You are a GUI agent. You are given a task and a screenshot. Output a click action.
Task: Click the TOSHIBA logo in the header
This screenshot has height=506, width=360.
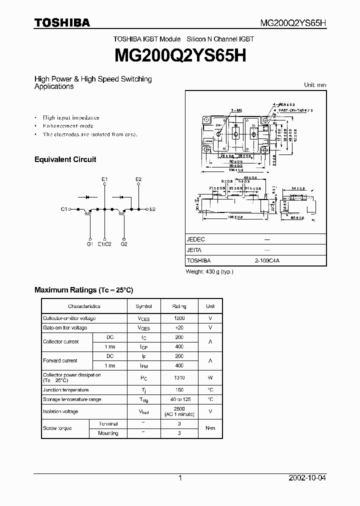[x=62, y=22]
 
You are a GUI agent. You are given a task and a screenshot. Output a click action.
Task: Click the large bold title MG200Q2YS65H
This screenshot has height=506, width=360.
[x=180, y=55]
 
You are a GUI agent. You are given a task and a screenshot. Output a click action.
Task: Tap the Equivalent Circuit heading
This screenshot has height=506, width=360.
[x=65, y=159]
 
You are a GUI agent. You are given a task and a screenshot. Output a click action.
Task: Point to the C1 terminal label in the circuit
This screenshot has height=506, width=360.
[x=64, y=209]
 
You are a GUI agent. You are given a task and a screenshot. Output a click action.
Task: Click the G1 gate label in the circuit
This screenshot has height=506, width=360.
[x=89, y=244]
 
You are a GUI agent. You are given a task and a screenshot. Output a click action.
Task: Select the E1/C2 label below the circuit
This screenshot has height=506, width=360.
[x=104, y=244]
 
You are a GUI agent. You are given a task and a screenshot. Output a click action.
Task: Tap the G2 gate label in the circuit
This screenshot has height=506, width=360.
[x=124, y=244]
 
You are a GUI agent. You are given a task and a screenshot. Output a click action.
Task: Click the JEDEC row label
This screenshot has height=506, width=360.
[x=195, y=239]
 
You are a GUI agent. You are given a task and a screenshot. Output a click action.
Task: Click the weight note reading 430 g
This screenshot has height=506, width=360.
[x=209, y=271]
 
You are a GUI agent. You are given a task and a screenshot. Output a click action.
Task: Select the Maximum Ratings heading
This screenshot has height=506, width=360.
[x=83, y=290]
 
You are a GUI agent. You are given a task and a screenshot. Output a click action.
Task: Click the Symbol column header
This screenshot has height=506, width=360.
[x=143, y=306]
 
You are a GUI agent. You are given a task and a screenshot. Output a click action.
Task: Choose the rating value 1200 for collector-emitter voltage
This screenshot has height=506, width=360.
[x=179, y=318]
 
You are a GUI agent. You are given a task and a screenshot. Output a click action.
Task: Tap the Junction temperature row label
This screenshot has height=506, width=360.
[x=66, y=390]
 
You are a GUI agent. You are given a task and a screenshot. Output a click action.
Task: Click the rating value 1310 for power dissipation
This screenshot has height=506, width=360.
[x=179, y=378]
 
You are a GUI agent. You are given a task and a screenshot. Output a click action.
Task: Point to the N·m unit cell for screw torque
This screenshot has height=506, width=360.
[x=210, y=428]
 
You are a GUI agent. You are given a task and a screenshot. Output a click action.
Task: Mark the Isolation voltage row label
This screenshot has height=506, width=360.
[x=60, y=411]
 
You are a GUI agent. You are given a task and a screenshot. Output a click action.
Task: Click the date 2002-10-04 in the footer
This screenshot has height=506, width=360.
[x=307, y=478]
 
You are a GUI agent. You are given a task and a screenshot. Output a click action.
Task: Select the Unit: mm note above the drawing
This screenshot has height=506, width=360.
[x=315, y=85]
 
